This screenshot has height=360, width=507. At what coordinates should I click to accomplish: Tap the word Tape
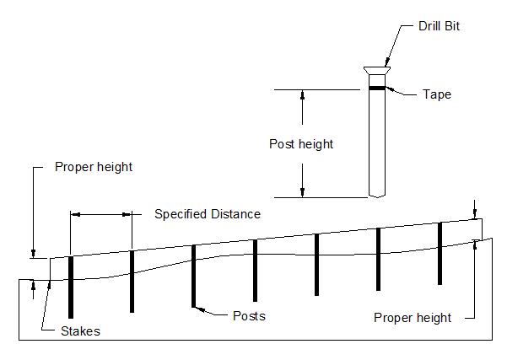pyautogui.click(x=437, y=94)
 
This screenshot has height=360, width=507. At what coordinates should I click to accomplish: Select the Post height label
pyautogui.click(x=301, y=144)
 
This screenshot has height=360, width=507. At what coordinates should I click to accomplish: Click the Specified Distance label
pyautogui.click(x=208, y=214)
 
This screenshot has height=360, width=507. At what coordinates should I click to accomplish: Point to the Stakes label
pyautogui.click(x=80, y=331)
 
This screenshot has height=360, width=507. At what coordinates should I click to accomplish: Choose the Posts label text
pyautogui.click(x=249, y=316)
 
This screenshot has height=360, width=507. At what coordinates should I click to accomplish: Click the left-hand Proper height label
pyautogui.click(x=94, y=167)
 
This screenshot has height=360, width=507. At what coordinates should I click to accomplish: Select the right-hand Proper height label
pyautogui.click(x=413, y=318)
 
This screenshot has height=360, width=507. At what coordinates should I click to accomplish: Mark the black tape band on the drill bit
pyautogui.click(x=376, y=87)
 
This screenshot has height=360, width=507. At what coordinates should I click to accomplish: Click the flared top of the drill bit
pyautogui.click(x=376, y=71)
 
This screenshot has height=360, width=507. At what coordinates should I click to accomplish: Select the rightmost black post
pyautogui.click(x=440, y=253)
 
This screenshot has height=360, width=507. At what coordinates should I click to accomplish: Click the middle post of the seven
pyautogui.click(x=255, y=270)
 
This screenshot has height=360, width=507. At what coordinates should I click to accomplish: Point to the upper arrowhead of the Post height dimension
pyautogui.click(x=302, y=94)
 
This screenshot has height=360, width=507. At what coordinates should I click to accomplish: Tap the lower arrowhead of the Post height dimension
pyautogui.click(x=302, y=192)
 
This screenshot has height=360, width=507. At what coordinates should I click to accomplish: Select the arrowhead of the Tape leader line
pyautogui.click(x=389, y=88)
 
